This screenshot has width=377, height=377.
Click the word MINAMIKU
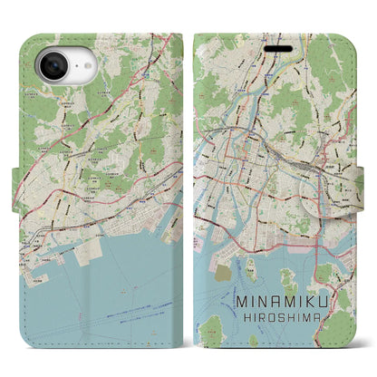tap(283, 307)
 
